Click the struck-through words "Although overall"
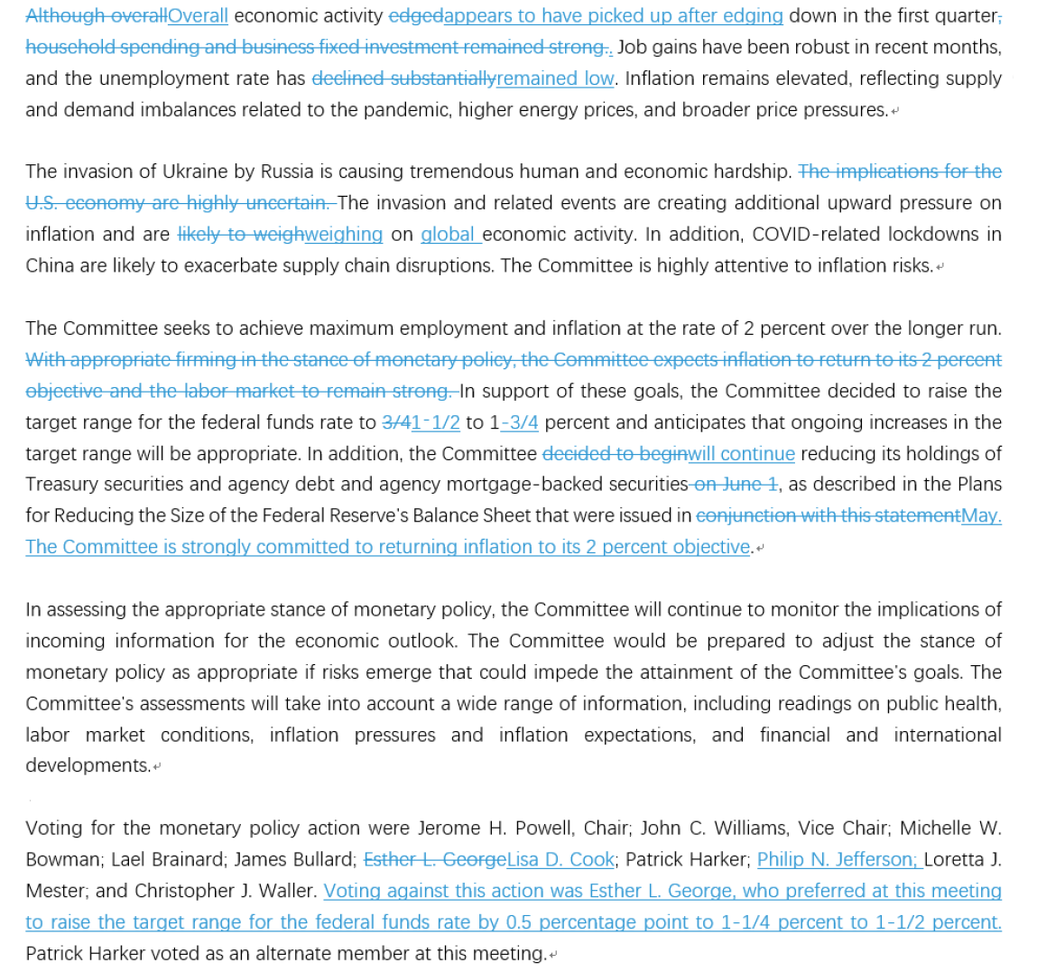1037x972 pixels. tap(97, 16)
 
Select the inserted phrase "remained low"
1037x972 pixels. tap(555, 79)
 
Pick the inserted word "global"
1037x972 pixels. tap(448, 235)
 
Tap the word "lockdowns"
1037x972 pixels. tap(932, 235)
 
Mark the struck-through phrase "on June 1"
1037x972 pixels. tap(735, 485)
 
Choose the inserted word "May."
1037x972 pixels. tap(981, 516)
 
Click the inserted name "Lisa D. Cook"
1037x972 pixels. tap(560, 860)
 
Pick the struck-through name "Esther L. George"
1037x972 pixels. tap(434, 860)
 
